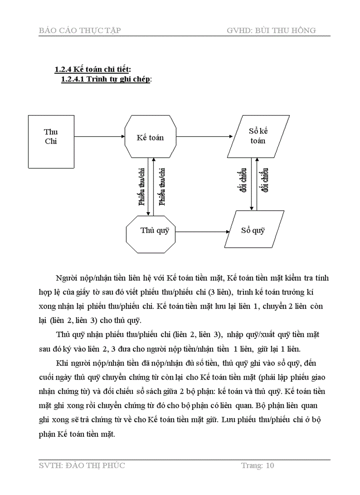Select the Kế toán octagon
click(150, 138)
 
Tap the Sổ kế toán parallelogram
click(259, 136)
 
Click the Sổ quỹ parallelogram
click(253, 230)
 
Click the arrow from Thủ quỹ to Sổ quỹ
click(203, 231)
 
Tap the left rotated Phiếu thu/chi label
click(142, 186)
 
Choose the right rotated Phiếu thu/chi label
click(162, 186)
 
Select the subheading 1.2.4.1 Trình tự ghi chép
click(106, 79)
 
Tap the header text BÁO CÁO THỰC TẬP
click(80, 30)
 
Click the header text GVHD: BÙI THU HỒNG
click(271, 30)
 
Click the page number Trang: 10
click(258, 465)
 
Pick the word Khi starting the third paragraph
click(62, 363)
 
